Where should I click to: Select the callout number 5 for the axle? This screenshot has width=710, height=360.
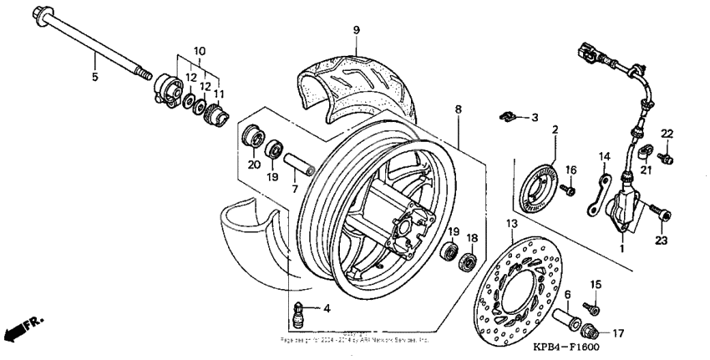point(94,77)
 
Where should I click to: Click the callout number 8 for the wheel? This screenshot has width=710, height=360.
point(458,109)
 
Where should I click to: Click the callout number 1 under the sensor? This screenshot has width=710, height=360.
point(621,248)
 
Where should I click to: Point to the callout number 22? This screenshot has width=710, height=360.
point(667,134)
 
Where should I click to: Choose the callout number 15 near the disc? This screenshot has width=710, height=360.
point(596,285)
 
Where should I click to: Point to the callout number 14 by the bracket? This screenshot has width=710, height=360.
point(604,156)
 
